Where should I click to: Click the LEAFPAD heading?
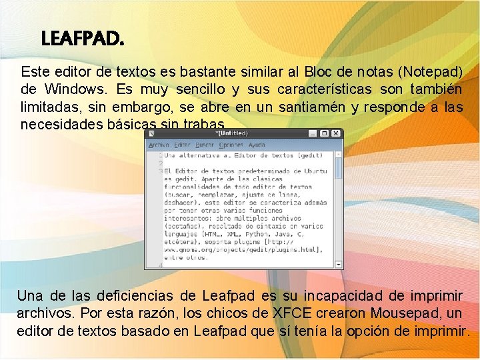[83, 39]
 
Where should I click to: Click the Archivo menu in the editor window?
[159, 145]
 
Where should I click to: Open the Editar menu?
[182, 145]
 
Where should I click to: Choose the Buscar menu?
[205, 145]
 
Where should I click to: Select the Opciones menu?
[231, 145]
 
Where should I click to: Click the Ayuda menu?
[257, 145]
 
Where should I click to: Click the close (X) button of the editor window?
[337, 133]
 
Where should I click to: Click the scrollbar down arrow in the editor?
[339, 264]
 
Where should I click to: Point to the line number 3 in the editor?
[161, 171]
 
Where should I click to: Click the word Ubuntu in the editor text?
[313, 171]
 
